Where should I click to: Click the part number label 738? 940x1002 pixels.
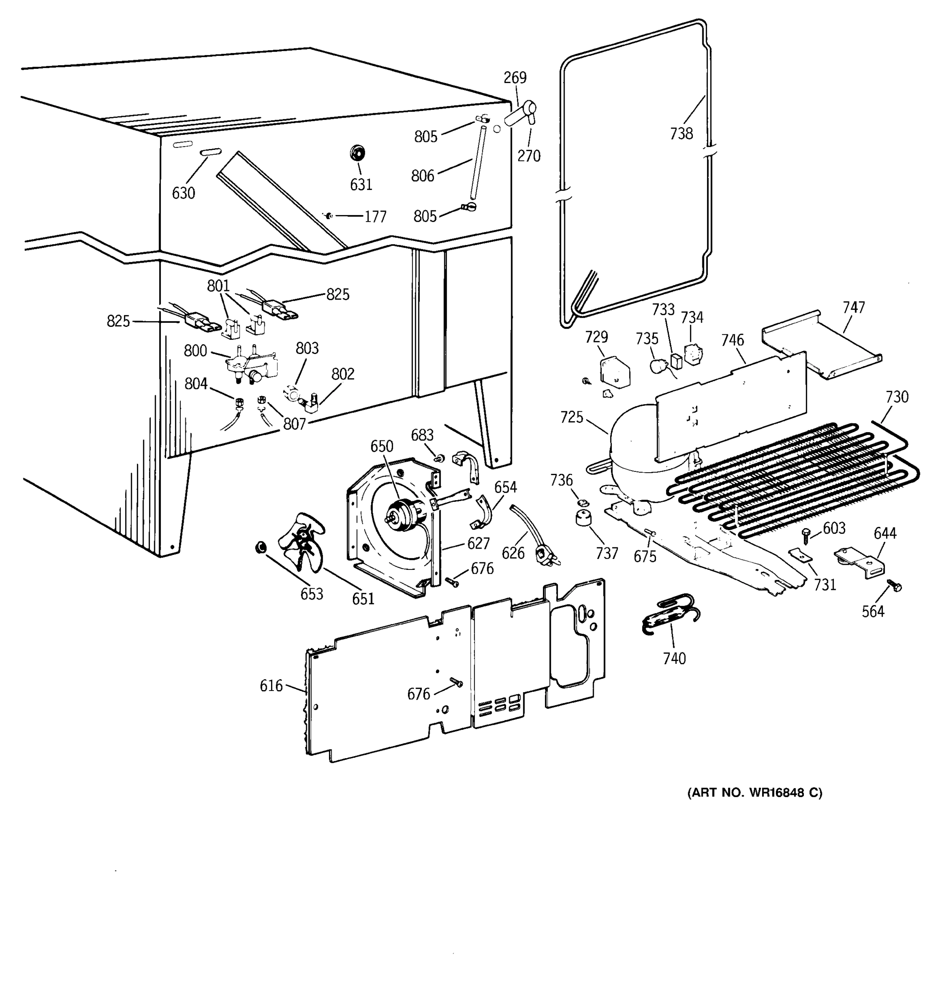(x=681, y=134)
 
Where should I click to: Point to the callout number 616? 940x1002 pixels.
(x=271, y=686)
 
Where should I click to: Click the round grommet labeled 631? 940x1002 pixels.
(x=357, y=152)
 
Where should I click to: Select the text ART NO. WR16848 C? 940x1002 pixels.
(x=755, y=793)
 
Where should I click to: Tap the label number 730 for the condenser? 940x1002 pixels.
(x=897, y=397)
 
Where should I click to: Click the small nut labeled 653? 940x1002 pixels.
(x=261, y=547)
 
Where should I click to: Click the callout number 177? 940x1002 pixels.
(x=375, y=217)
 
